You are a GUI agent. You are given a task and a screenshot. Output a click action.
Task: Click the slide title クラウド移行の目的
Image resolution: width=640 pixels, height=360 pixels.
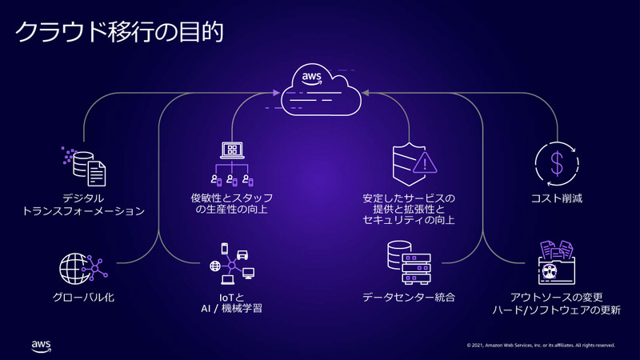pyautogui.click(x=119, y=32)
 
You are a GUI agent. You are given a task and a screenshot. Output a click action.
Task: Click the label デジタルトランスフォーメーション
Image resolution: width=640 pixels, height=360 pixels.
pyautogui.click(x=84, y=205)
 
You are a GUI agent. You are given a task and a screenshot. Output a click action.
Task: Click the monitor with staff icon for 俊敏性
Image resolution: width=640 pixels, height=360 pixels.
pyautogui.click(x=232, y=165)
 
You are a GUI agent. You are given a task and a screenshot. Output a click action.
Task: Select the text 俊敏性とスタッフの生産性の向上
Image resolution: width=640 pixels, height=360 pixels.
pyautogui.click(x=232, y=204)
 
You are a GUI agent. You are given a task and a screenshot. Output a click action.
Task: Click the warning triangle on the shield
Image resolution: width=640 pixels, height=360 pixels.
pyautogui.click(x=425, y=164)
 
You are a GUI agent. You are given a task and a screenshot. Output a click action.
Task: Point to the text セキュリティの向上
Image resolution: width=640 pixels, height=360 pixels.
pyautogui.click(x=409, y=219)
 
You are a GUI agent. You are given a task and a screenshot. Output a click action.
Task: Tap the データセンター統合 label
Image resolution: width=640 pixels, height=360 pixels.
pyautogui.click(x=409, y=298)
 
